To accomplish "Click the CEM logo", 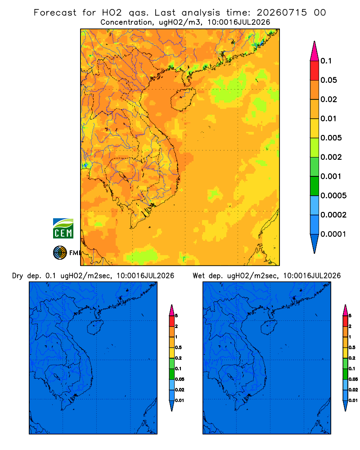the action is [x=63, y=229].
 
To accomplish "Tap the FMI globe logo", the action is [x=60, y=253].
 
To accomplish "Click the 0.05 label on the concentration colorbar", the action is [x=328, y=80].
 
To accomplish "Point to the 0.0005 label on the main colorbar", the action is [x=333, y=196].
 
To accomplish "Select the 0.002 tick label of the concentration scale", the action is [x=331, y=157].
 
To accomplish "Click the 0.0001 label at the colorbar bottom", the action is [x=333, y=234].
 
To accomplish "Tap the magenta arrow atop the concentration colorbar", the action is [x=315, y=51].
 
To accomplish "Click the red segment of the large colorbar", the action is [x=315, y=71].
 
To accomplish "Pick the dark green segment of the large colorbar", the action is [x=315, y=186].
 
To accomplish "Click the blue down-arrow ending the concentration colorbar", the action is [x=315, y=243].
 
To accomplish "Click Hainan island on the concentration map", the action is [x=183, y=99].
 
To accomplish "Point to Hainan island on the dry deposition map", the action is [x=95, y=328].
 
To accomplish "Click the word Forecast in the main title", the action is [x=55, y=13].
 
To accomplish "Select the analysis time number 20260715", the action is [x=282, y=13].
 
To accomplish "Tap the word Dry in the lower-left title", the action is [x=18, y=276].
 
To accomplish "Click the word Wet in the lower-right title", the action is [x=198, y=276].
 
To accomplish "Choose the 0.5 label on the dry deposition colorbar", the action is [x=178, y=347].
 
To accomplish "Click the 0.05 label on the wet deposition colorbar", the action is [x=353, y=379].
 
